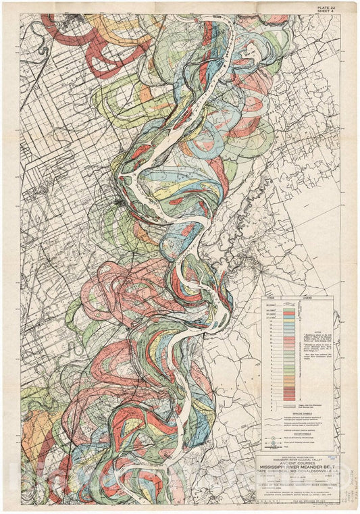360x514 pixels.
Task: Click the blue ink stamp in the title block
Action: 329,458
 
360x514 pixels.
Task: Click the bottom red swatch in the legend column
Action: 289,399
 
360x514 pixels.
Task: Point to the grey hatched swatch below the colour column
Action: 289,406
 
